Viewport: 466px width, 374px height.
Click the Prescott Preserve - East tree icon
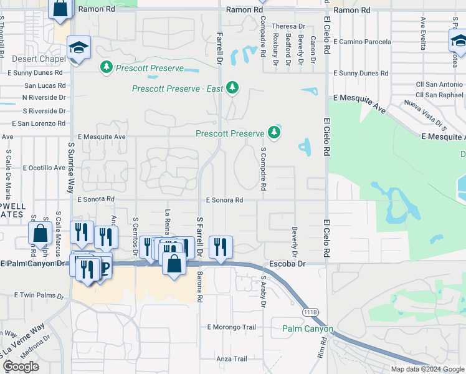tap(233, 87)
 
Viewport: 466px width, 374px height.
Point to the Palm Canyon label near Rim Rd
tap(308, 328)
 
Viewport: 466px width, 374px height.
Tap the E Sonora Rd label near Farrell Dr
tap(224, 200)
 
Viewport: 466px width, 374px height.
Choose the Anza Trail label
tap(232, 359)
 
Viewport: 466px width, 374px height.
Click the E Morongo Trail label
tap(231, 327)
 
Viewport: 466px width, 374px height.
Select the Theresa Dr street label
tap(288, 26)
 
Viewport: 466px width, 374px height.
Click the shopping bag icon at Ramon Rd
tap(61, 9)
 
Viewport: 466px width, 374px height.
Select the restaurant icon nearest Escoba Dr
tap(220, 246)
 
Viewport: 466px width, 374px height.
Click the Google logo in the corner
tap(21, 367)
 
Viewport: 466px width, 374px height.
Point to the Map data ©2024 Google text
tap(427, 369)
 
